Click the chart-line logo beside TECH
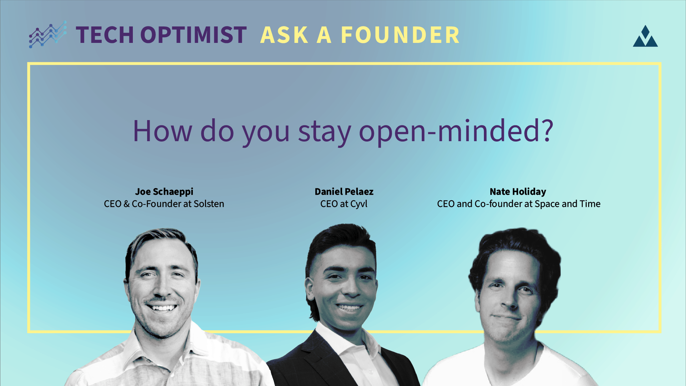point(48,35)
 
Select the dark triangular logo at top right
point(645,36)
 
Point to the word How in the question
point(162,131)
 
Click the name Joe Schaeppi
point(164,192)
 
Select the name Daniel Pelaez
point(344,192)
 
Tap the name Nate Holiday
point(518,192)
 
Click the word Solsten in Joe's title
point(209,204)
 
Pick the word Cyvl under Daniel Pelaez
point(359,204)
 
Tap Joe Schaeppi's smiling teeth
point(162,307)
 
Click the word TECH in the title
point(105,35)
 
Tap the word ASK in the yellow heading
point(284,35)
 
